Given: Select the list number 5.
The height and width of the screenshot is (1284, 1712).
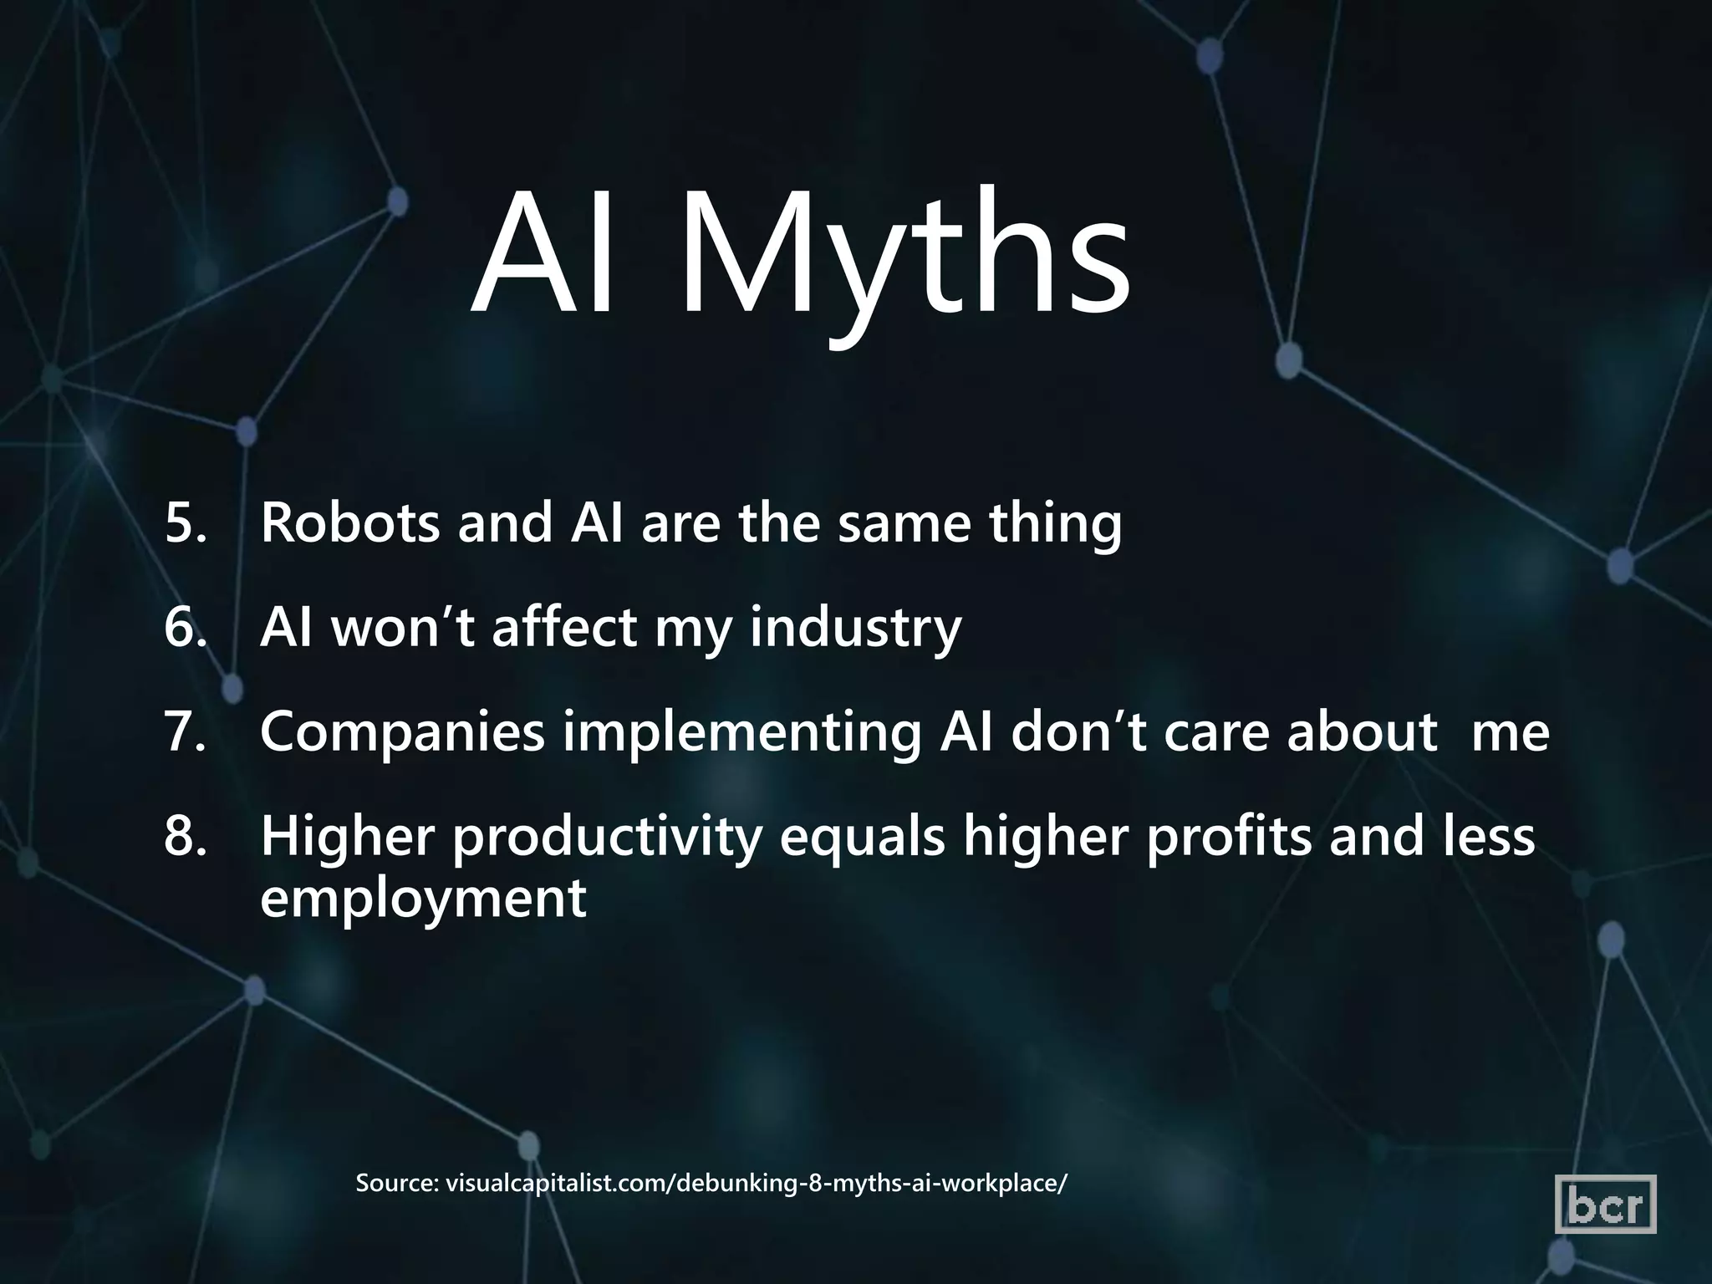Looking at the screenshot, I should click(x=184, y=523).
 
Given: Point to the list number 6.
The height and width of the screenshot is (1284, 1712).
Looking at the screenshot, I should click(x=184, y=628).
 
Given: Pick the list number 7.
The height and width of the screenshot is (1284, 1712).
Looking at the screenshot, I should click(x=184, y=732).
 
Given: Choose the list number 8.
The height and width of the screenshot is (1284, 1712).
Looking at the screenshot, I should click(x=184, y=837).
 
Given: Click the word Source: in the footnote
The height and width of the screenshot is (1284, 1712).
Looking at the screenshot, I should click(x=397, y=1184).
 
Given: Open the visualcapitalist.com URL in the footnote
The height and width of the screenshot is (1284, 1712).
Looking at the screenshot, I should click(x=757, y=1185).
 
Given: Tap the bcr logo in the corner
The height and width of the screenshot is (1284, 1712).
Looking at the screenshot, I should click(x=1605, y=1205).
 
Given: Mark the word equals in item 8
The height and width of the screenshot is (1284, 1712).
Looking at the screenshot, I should click(x=862, y=838).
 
